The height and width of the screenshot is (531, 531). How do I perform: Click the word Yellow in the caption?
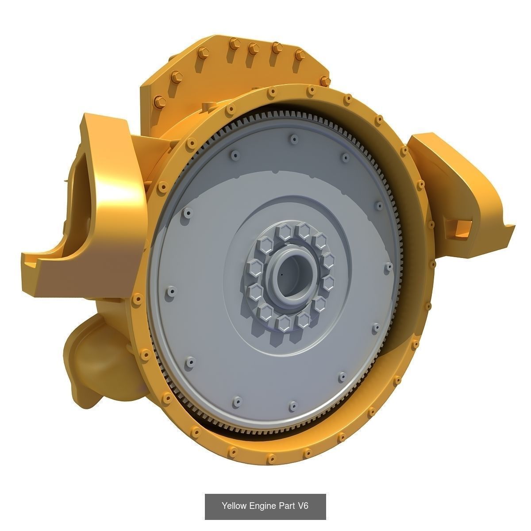[x=233, y=506]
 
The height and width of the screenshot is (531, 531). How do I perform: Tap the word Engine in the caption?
[x=261, y=506]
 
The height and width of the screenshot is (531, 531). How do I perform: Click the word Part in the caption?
[x=285, y=506]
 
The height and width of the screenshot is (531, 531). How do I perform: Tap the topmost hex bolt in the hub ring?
[x=304, y=229]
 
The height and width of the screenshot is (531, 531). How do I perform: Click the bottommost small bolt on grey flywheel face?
[x=292, y=405]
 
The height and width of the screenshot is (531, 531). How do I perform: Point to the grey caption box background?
[x=212, y=513]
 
